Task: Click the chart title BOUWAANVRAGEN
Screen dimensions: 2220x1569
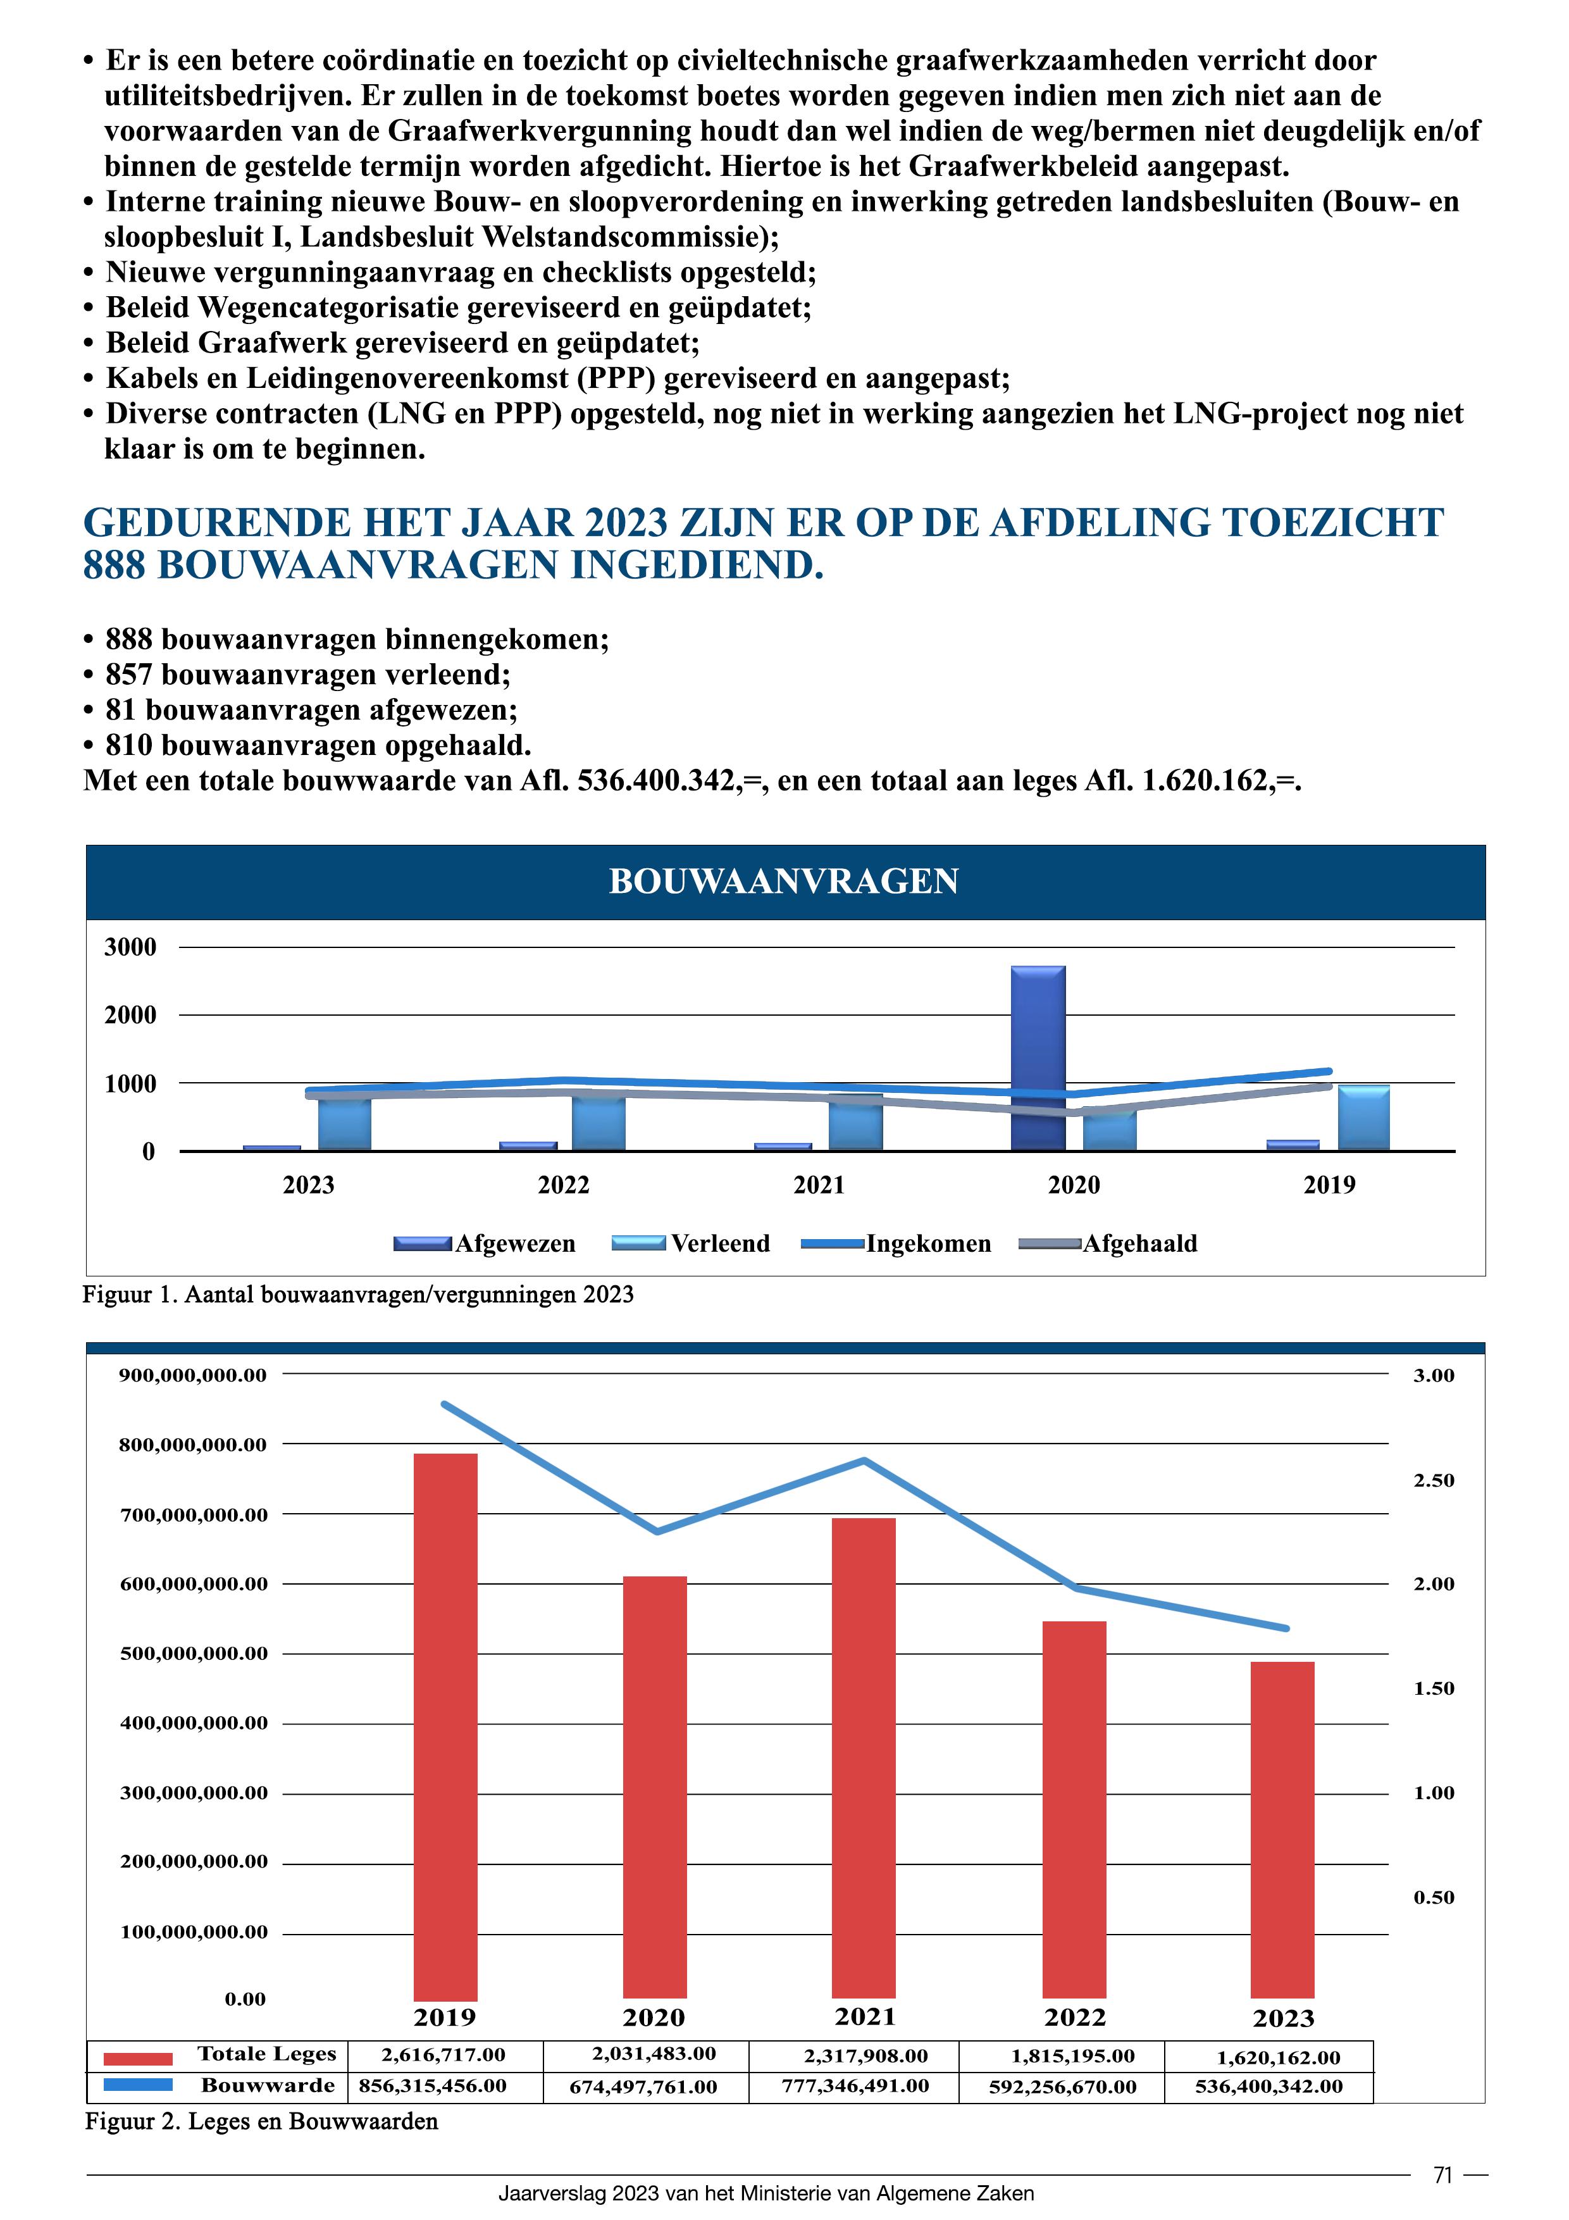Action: point(783,881)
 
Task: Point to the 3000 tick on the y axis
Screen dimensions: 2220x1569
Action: point(130,947)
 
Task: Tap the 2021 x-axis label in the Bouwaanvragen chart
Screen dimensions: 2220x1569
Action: point(818,1185)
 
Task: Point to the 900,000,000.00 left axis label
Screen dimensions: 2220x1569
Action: point(192,1375)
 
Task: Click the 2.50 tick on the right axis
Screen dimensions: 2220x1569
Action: point(1433,1480)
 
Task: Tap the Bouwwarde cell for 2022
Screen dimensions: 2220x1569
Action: point(1062,2086)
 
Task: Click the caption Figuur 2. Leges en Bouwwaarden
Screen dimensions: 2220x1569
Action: point(261,2121)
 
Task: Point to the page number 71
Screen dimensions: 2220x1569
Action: point(1442,2176)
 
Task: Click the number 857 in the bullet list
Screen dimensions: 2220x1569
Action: point(128,675)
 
